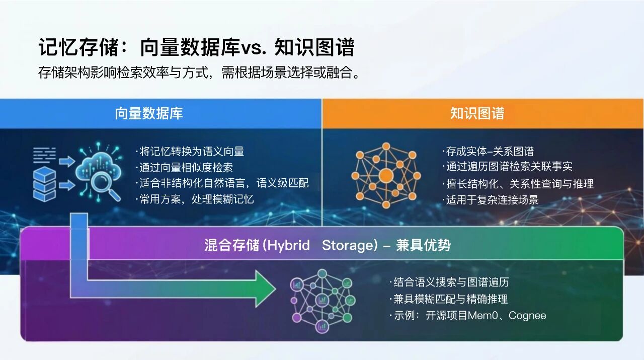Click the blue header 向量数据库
tap(148, 113)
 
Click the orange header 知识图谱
tap(476, 113)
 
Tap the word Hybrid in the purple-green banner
tap(288, 245)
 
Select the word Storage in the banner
tap(347, 245)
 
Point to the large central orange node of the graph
tap(386, 175)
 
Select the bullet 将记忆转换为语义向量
tap(190, 151)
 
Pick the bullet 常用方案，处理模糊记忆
tap(195, 199)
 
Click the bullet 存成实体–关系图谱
tap(489, 151)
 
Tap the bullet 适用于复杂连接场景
tap(492, 199)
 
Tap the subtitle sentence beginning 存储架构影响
tap(200, 73)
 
